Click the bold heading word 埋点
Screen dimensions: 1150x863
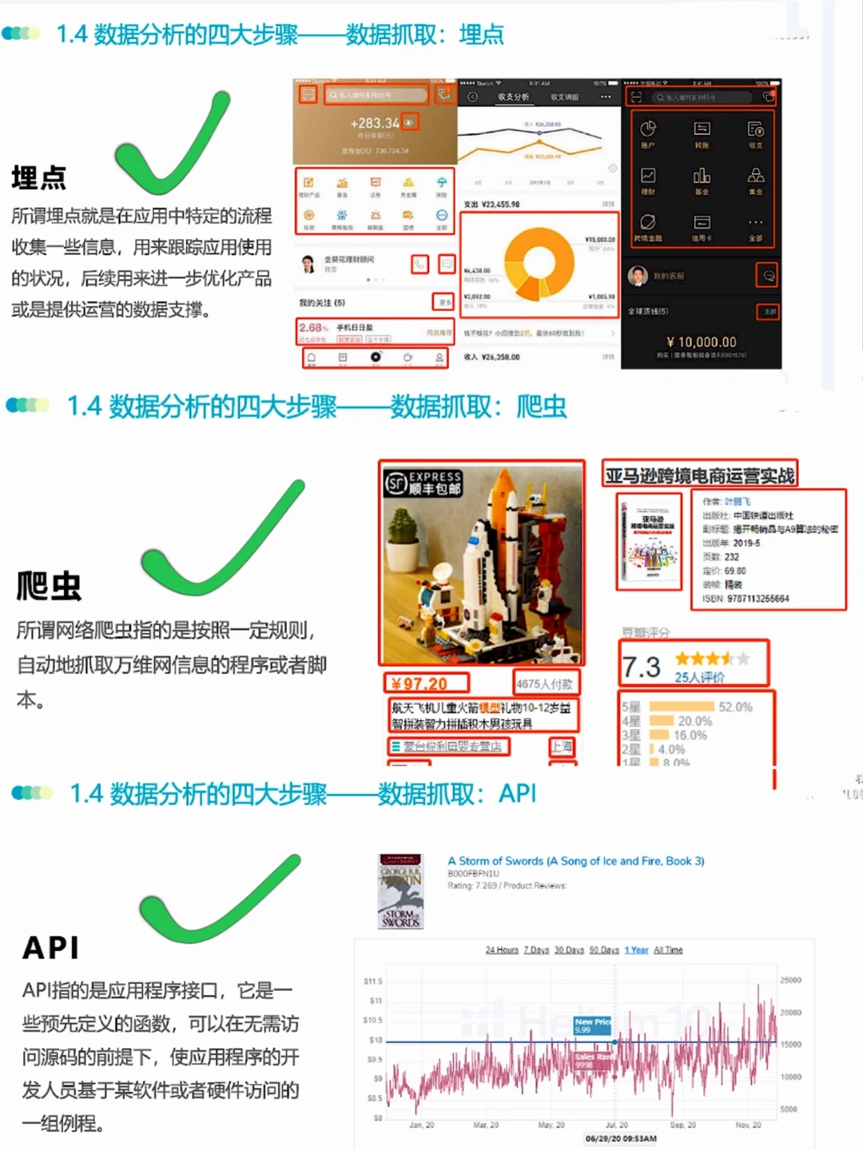click(x=38, y=177)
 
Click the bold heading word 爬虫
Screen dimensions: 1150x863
click(x=49, y=586)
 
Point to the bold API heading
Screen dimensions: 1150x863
click(x=50, y=948)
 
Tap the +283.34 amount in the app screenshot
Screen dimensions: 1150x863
click(x=374, y=123)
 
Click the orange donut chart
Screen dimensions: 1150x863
click(x=539, y=262)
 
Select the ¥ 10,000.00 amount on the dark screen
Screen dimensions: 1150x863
click(x=701, y=342)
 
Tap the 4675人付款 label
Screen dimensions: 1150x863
click(x=544, y=684)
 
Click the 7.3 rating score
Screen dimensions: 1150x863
click(x=641, y=667)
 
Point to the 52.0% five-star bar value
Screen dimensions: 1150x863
click(x=735, y=707)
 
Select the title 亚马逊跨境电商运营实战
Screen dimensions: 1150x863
click(x=699, y=476)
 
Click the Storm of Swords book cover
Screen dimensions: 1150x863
click(x=400, y=891)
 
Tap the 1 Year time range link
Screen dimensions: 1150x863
click(x=636, y=950)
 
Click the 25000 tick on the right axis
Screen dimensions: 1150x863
click(x=790, y=981)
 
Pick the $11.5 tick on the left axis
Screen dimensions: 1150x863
click(x=372, y=981)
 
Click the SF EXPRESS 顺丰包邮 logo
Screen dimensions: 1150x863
click(x=424, y=483)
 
